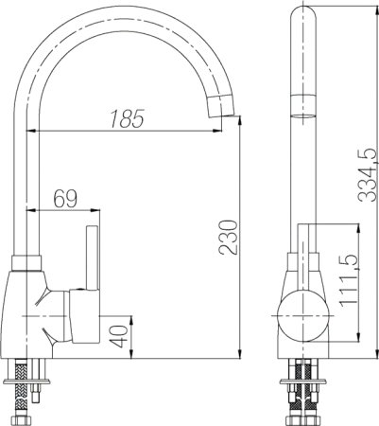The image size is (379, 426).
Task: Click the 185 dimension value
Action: pos(128,118)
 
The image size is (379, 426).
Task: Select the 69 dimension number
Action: pos(65,199)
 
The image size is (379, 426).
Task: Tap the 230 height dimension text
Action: pos(229,238)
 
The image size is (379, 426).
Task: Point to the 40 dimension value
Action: pos(120,337)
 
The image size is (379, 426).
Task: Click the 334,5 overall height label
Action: pos(368,175)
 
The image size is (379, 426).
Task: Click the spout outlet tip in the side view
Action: pos(220,106)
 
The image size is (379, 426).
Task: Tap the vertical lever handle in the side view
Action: pos(92,258)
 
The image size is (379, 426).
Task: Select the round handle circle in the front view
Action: pos(303,316)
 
